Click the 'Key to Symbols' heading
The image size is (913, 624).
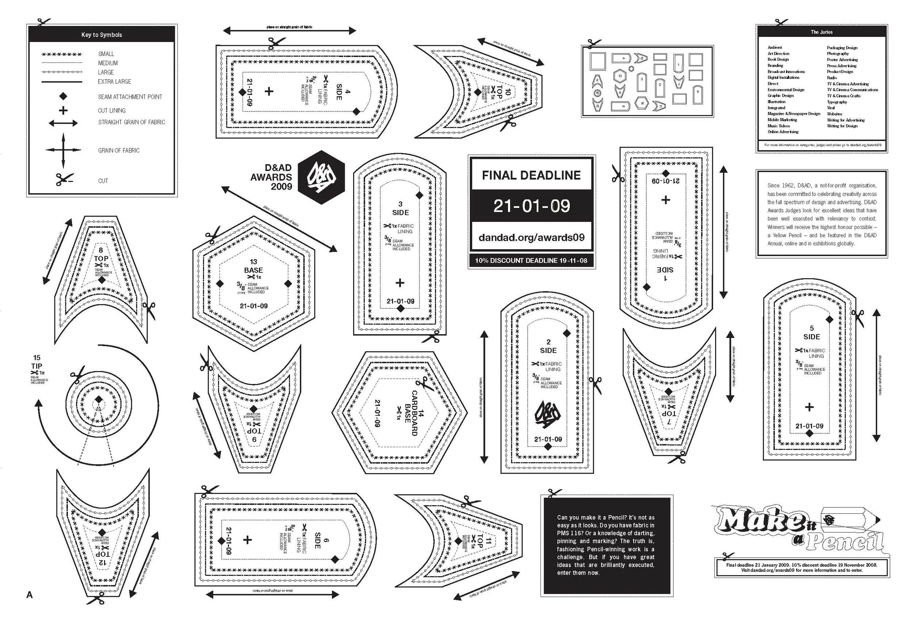click(x=102, y=35)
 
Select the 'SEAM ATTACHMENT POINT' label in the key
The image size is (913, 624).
click(x=130, y=97)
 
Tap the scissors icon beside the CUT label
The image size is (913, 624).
click(x=64, y=180)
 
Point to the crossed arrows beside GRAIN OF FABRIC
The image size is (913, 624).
click(x=63, y=150)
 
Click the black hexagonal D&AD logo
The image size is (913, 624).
click(x=321, y=177)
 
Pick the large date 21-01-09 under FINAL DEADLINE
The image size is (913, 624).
click(x=531, y=206)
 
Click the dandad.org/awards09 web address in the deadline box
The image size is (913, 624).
click(x=531, y=237)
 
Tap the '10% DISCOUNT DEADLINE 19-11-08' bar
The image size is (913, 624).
click(x=531, y=260)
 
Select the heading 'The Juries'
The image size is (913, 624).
click(x=821, y=32)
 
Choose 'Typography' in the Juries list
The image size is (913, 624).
click(x=837, y=102)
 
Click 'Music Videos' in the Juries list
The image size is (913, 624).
click(x=779, y=126)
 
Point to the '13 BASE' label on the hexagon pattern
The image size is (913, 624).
click(x=253, y=266)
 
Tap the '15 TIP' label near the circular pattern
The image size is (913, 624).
click(x=37, y=362)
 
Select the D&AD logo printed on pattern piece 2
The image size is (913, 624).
click(x=547, y=414)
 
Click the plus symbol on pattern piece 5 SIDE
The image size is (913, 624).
click(x=809, y=407)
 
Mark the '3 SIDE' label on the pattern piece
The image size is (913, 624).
click(x=400, y=208)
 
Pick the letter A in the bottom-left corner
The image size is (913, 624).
click(x=30, y=595)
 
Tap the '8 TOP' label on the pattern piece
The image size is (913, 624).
click(x=101, y=255)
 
